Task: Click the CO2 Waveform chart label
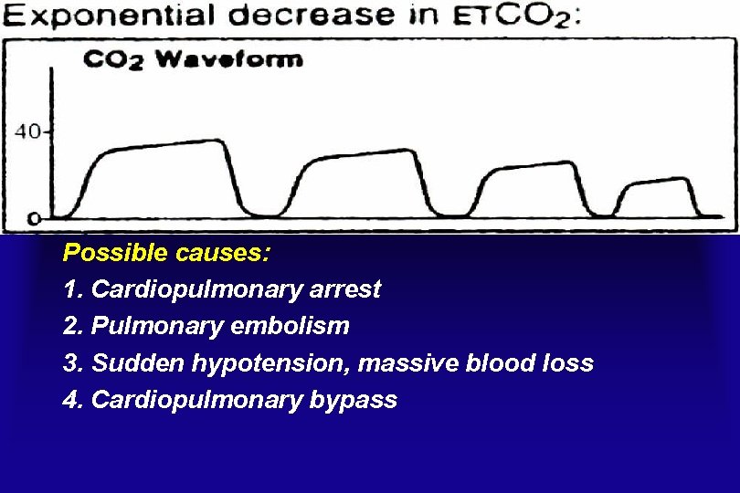pos(193,60)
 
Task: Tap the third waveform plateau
pos(528,167)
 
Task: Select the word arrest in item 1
pos(347,290)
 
